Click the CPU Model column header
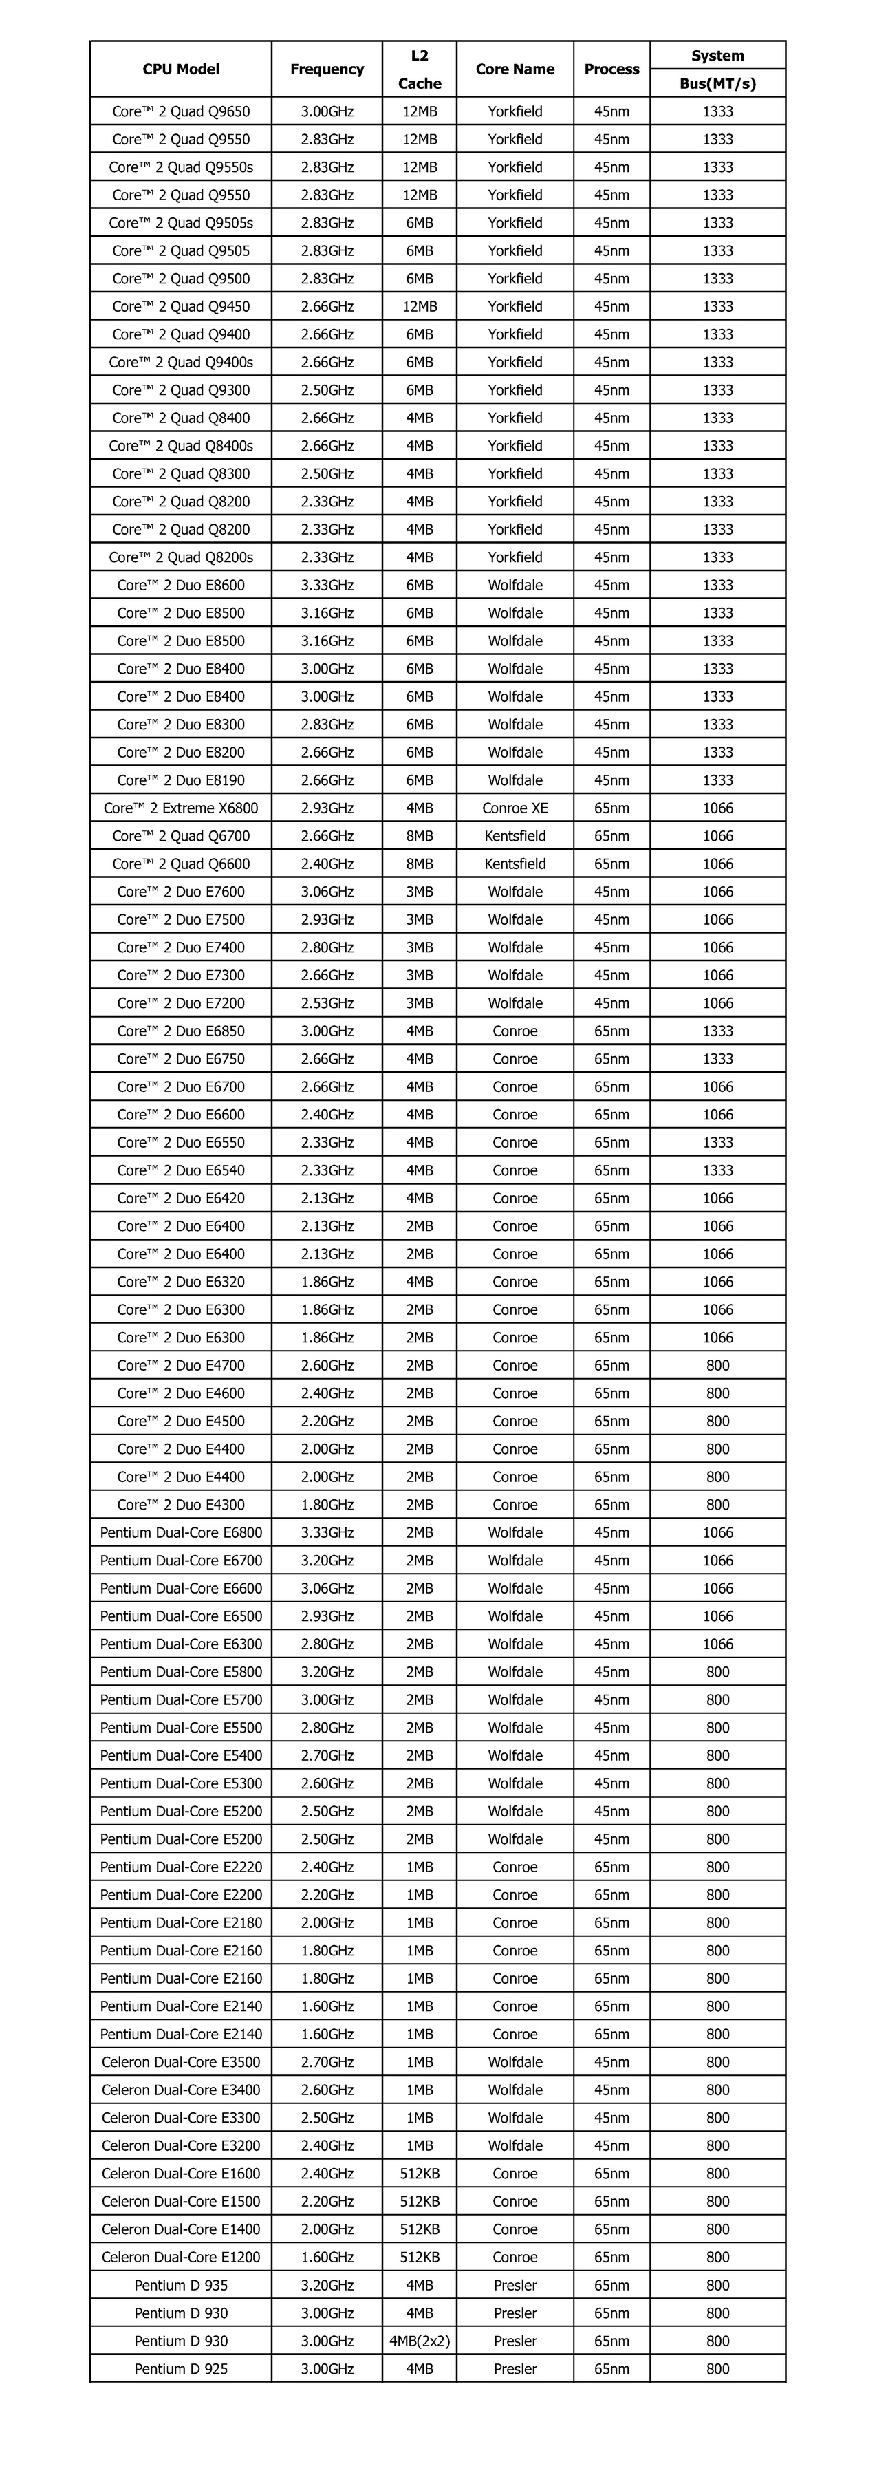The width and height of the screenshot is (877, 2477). coord(181,69)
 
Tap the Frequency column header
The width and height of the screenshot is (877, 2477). coord(327,69)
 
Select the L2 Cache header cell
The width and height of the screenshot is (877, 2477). coord(420,69)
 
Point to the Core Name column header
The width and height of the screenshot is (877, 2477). coord(515,69)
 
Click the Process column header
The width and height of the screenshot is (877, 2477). coord(611,69)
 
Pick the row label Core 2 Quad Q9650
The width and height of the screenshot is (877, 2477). coord(181,111)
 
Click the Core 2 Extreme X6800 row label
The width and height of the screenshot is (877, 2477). coord(181,808)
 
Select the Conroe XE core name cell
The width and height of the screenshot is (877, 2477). coord(515,808)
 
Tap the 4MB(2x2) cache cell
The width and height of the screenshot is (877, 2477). coord(420,2341)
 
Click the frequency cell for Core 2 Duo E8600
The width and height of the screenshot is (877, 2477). coord(327,586)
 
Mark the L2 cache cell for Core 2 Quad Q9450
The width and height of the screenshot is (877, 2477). coord(420,307)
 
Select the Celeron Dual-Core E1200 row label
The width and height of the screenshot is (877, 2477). coord(181,2258)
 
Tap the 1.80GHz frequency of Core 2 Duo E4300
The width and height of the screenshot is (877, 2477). coord(327,1505)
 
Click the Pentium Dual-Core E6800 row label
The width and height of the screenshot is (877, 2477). coord(181,1533)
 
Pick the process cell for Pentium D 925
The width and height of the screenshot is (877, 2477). coord(611,2369)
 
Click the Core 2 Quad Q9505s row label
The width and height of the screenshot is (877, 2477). coord(181,223)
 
